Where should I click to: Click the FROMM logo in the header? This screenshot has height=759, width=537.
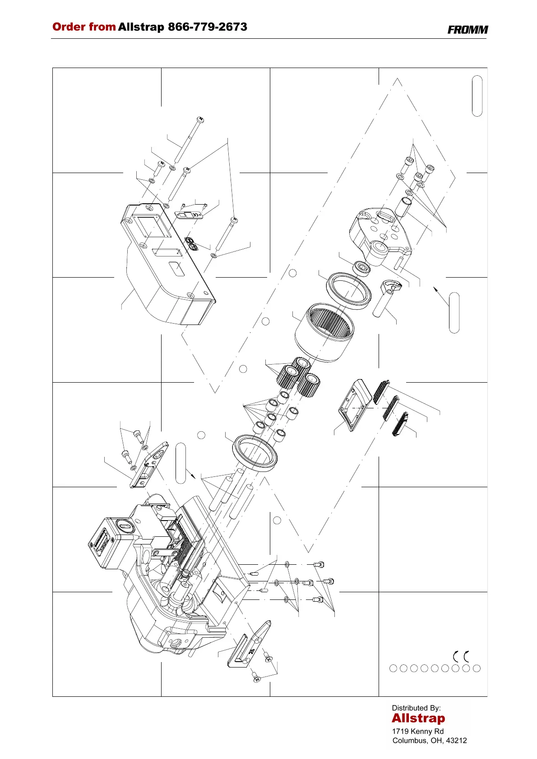(468, 30)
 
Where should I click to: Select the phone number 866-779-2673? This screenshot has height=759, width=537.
(208, 27)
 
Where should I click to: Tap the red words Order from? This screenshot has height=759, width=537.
(84, 27)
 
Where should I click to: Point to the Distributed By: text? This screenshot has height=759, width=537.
(416, 708)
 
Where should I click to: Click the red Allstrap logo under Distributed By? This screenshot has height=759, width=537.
(418, 718)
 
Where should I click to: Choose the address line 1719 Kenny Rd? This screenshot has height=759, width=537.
(418, 731)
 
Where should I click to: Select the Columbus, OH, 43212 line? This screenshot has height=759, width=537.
(430, 741)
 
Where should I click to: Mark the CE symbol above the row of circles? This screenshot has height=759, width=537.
(460, 656)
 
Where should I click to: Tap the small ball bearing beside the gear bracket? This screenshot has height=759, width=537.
(361, 268)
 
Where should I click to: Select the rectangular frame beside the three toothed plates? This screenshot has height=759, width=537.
(354, 405)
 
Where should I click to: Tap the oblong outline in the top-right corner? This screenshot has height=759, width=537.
(477, 96)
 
